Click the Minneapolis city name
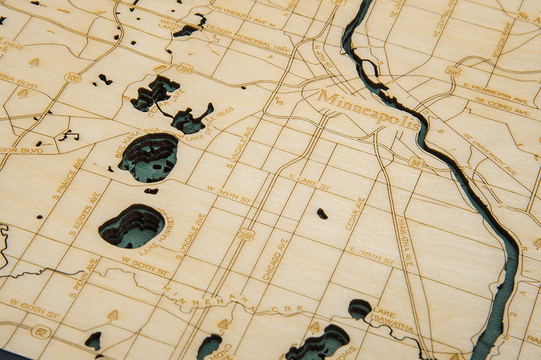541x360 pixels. click(368, 111)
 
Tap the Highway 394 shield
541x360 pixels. click(185, 69)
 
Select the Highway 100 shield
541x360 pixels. click(72, 78)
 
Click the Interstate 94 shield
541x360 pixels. click(415, 162)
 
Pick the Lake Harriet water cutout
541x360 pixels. click(132, 226)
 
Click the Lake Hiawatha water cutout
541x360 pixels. click(359, 309)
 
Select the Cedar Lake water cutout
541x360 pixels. click(154, 92)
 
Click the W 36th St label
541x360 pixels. click(229, 194)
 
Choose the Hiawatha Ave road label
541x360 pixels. click(405, 241)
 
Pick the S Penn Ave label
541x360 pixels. click(83, 278)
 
